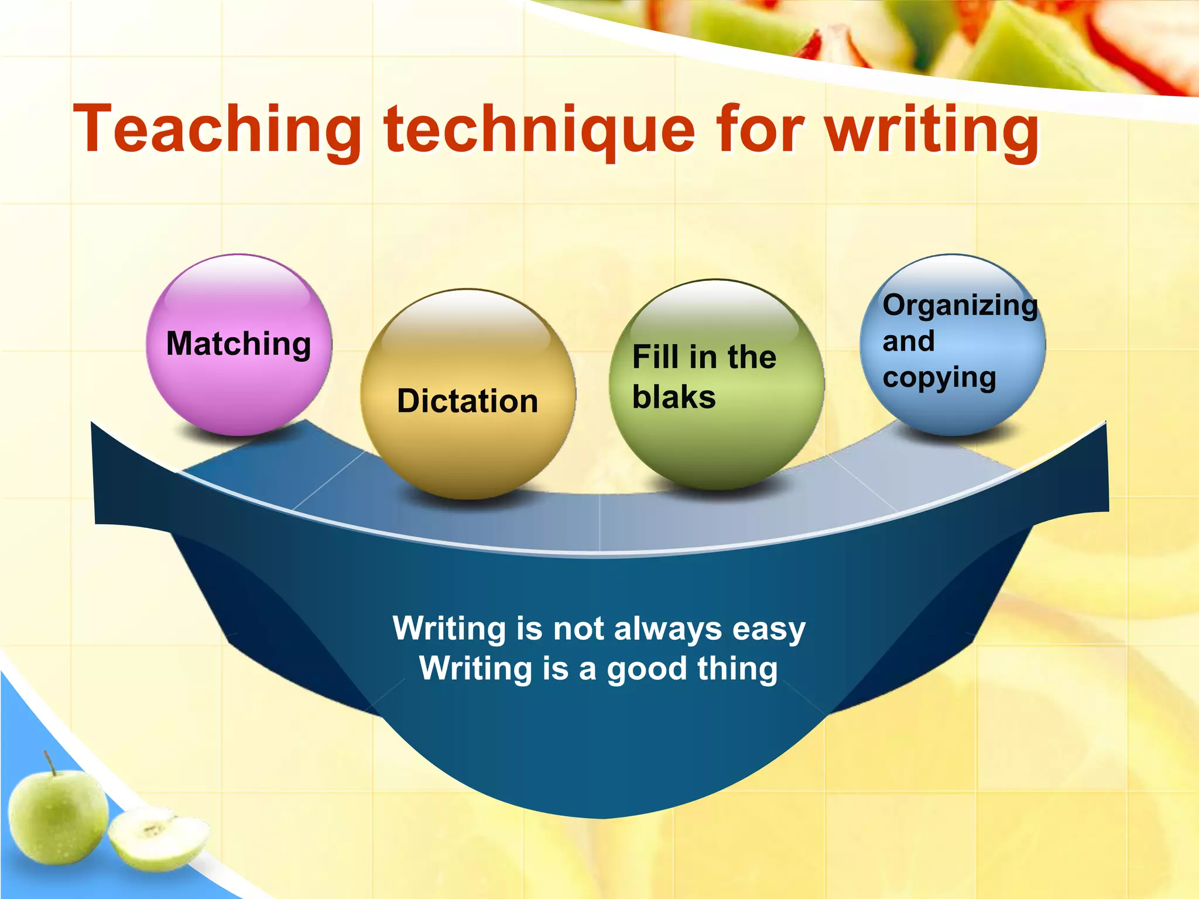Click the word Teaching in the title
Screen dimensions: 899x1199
tap(217, 130)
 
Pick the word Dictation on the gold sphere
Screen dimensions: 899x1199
tap(467, 402)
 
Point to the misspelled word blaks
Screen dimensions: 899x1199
tap(674, 397)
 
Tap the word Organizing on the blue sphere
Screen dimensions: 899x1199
tap(960, 306)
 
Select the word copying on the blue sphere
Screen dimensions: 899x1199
tap(939, 378)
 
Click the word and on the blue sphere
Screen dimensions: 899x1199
tap(908, 341)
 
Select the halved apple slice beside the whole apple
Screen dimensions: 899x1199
tap(158, 837)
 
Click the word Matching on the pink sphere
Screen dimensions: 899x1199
tap(239, 344)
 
